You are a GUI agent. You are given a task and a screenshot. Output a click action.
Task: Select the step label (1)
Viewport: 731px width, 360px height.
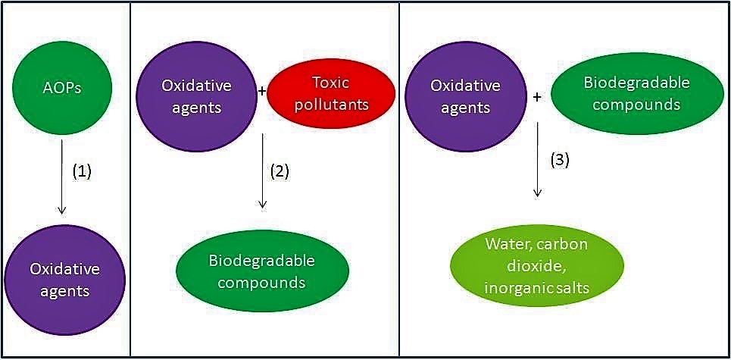(x=82, y=171)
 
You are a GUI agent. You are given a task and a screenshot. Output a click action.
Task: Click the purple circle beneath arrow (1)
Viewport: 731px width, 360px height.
(x=64, y=279)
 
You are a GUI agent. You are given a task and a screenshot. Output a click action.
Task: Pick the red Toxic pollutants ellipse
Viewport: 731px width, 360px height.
(x=332, y=93)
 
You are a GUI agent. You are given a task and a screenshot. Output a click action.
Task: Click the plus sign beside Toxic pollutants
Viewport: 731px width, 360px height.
(x=262, y=92)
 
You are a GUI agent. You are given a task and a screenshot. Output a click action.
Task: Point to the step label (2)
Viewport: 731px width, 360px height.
(x=280, y=171)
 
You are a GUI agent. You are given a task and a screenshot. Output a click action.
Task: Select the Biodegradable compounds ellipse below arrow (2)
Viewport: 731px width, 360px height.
(x=262, y=271)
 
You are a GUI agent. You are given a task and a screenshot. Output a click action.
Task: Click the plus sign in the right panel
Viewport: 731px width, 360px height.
(x=537, y=97)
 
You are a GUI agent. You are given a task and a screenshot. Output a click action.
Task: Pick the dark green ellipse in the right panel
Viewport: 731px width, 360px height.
(x=636, y=93)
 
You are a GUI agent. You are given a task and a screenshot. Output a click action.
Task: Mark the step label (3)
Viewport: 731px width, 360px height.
(x=558, y=160)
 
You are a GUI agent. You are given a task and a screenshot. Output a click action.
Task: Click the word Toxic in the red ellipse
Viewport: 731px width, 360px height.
(x=330, y=83)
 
